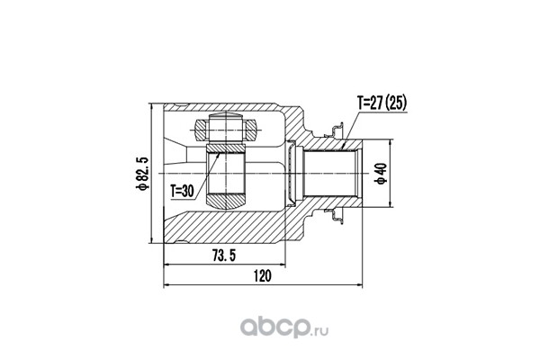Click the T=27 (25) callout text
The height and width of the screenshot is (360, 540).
point(382,103)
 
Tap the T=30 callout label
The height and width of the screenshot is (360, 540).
point(183,191)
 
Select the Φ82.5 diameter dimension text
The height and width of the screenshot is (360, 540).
point(142,174)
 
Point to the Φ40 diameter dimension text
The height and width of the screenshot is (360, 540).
point(382,174)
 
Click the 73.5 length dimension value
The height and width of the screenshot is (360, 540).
point(224,256)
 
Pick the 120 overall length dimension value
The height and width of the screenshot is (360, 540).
point(263,276)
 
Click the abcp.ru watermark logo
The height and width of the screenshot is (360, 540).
point(284,327)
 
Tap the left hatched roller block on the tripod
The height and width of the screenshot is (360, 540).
point(201,130)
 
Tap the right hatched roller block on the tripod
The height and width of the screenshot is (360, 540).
point(251,130)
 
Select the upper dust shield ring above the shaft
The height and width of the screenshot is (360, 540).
point(334,130)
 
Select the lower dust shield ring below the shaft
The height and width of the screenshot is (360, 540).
point(334,216)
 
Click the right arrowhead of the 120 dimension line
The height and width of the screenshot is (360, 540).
point(360,285)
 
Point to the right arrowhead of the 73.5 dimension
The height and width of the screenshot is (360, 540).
point(283,265)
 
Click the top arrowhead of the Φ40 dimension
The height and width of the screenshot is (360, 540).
point(391,142)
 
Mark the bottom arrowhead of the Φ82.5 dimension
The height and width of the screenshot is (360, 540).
point(151,240)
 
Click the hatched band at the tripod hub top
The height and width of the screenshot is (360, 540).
point(226,148)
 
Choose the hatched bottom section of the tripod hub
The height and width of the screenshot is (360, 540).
point(226,202)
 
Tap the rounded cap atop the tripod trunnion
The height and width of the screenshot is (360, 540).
point(226,116)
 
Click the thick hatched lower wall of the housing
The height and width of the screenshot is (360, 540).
point(234,227)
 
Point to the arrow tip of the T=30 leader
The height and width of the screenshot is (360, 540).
point(219,154)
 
